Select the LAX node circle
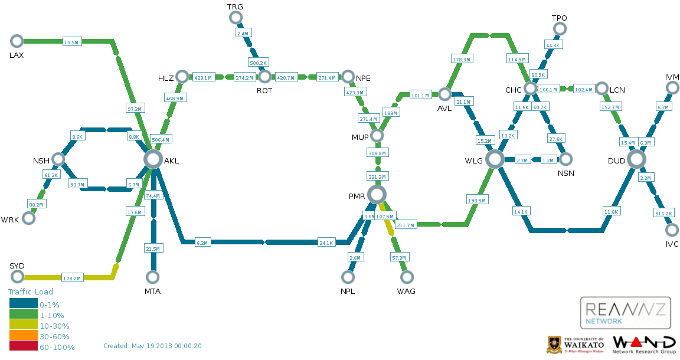click(x=17, y=41)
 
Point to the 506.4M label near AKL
click(x=161, y=140)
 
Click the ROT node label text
click(x=264, y=91)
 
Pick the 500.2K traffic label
click(x=259, y=63)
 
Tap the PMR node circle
click(x=377, y=194)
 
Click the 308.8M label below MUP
click(x=377, y=153)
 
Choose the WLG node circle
click(x=495, y=159)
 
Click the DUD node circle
click(x=636, y=159)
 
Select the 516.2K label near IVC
click(x=663, y=213)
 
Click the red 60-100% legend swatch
click(x=23, y=347)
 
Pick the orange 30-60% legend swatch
click(x=23, y=336)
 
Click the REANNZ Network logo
click(x=626, y=312)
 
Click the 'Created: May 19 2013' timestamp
click(x=152, y=346)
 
